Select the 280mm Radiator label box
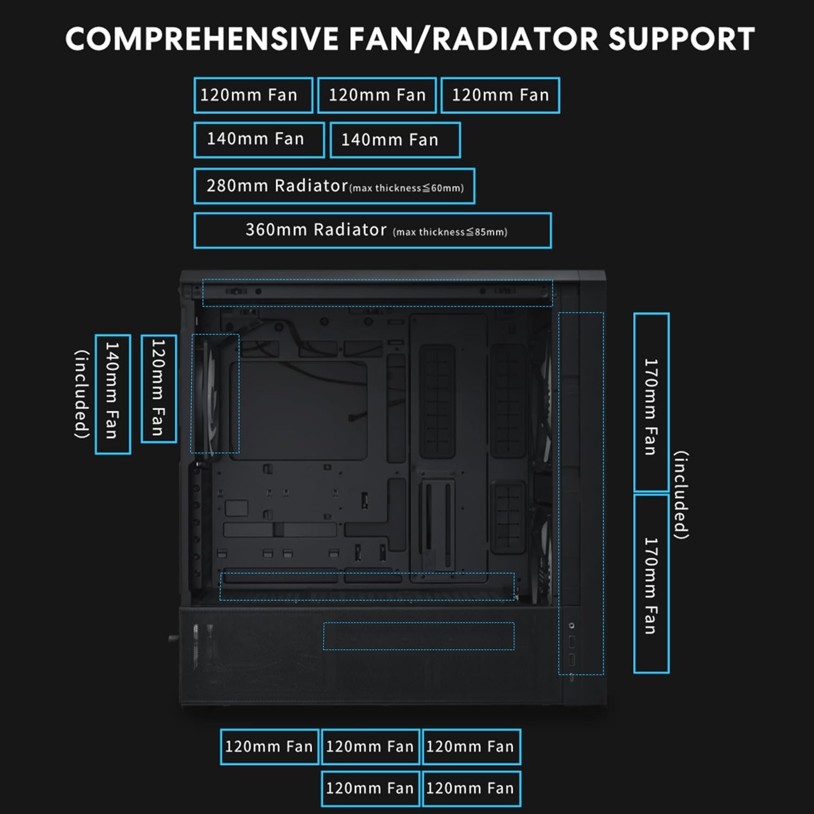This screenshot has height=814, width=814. (x=334, y=186)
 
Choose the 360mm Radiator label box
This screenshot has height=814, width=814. (x=372, y=231)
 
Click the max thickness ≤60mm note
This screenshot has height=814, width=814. (x=407, y=188)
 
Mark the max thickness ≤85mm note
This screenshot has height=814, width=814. (x=450, y=232)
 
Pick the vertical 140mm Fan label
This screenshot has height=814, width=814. (x=112, y=394)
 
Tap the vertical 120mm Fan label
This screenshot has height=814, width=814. (x=158, y=389)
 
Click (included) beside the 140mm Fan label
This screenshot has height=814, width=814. (x=81, y=394)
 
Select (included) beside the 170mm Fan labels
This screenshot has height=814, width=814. (x=682, y=495)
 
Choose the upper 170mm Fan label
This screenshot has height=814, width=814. (x=651, y=403)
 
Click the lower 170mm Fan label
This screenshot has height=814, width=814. (x=651, y=584)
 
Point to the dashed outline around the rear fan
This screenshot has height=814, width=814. (x=215, y=393)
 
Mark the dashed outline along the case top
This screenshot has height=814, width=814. (x=377, y=293)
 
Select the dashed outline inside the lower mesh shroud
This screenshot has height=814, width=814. (x=418, y=636)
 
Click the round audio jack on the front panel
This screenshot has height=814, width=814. (x=571, y=626)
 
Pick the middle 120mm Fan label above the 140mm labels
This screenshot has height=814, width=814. (x=377, y=96)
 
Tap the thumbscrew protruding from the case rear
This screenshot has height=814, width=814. (x=173, y=638)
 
